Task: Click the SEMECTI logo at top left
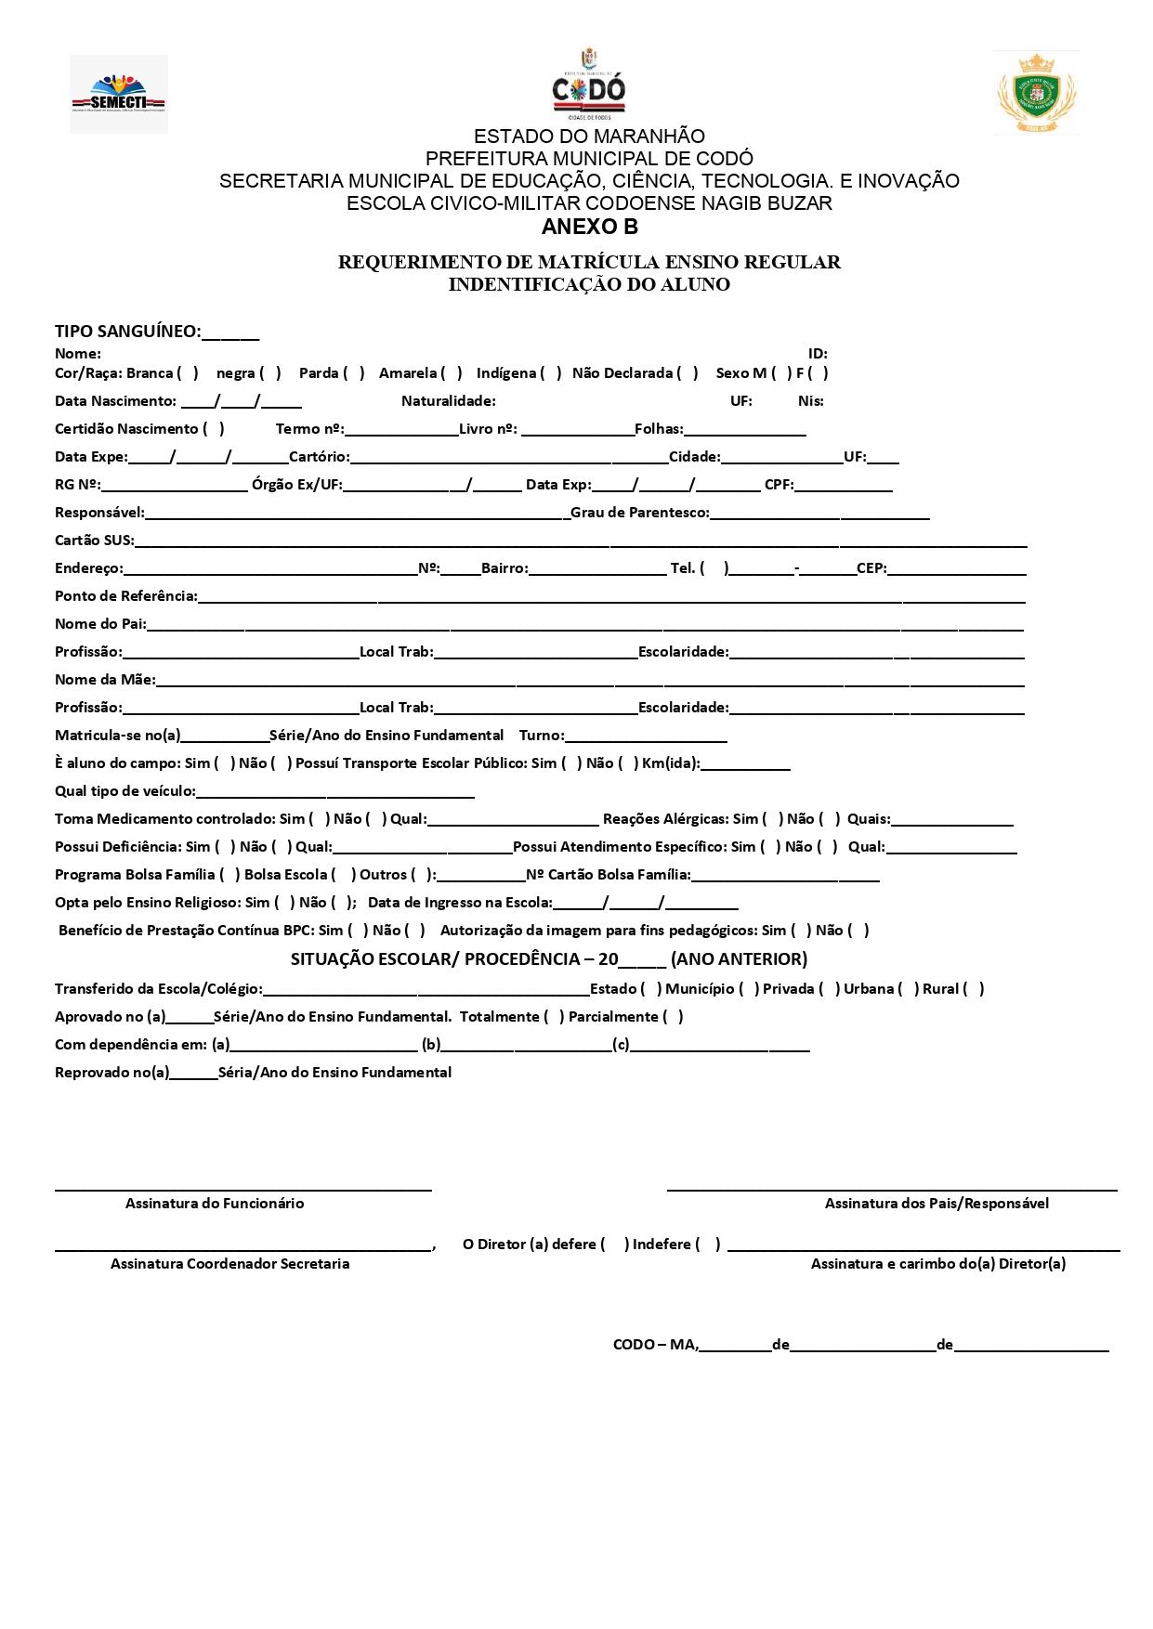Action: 119,94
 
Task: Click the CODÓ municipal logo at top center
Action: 589,85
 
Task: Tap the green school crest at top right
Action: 1037,93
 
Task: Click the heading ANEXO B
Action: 590,227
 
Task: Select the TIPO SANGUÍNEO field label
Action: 128,332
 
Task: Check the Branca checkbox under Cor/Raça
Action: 188,373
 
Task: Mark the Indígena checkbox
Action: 551,373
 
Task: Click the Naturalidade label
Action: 448,401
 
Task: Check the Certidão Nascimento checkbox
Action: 214,429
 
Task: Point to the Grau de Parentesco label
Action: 639,513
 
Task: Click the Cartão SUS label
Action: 94,541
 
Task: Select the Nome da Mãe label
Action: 105,680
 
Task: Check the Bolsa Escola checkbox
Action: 344,875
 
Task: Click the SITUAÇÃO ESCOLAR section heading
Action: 549,958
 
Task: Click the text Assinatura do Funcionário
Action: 215,1204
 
